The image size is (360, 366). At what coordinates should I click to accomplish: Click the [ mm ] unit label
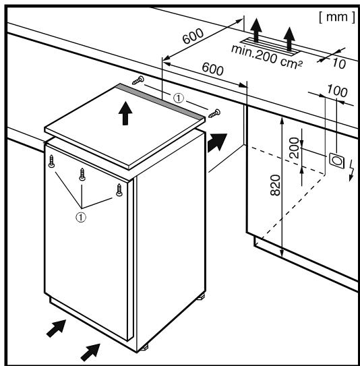(x=337, y=18)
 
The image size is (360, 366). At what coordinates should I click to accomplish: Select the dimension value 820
(x=275, y=185)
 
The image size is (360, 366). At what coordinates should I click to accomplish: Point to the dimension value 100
(x=337, y=90)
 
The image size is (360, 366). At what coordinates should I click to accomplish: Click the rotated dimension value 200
(x=294, y=148)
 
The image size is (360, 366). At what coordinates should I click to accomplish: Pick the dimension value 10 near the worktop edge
(x=338, y=63)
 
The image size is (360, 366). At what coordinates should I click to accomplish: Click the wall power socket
(x=336, y=160)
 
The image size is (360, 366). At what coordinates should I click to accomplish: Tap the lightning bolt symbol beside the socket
(x=351, y=171)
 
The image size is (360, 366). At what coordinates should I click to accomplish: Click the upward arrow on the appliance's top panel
(x=125, y=113)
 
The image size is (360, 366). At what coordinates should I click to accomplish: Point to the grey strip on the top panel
(x=161, y=102)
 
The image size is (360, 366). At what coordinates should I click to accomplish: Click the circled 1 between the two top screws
(x=179, y=98)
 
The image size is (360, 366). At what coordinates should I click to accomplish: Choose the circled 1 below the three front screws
(x=81, y=217)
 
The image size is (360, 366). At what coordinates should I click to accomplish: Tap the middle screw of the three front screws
(x=82, y=174)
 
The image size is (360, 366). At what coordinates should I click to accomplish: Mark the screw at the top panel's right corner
(x=214, y=113)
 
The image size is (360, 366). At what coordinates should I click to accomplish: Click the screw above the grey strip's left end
(x=138, y=80)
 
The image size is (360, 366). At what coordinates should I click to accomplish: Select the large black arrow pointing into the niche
(x=217, y=143)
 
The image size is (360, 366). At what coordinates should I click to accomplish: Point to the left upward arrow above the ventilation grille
(x=256, y=30)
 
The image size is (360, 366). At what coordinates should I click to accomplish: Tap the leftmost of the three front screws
(x=52, y=161)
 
